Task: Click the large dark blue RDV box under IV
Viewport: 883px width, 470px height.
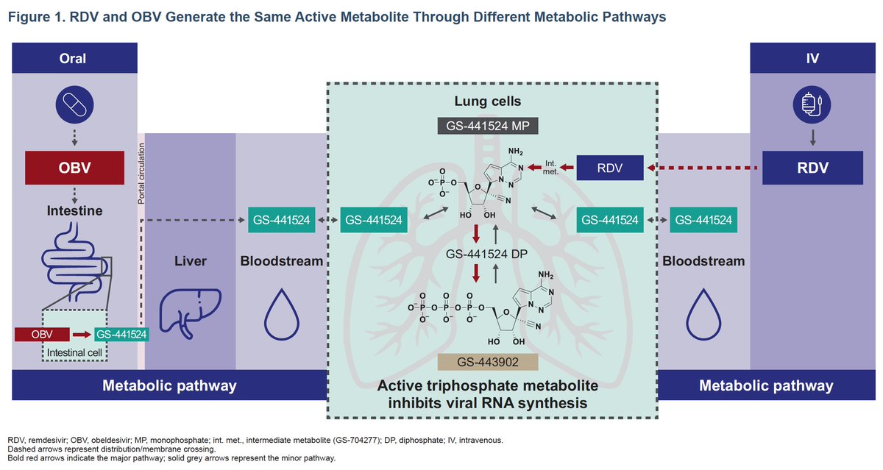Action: [809, 168]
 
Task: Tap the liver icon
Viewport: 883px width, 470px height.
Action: [190, 310]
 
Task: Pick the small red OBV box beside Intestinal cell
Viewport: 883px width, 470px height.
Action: [43, 335]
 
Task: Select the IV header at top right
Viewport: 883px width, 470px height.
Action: [809, 59]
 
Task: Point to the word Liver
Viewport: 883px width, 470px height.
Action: [190, 261]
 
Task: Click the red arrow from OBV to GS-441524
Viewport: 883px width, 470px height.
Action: [82, 335]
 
